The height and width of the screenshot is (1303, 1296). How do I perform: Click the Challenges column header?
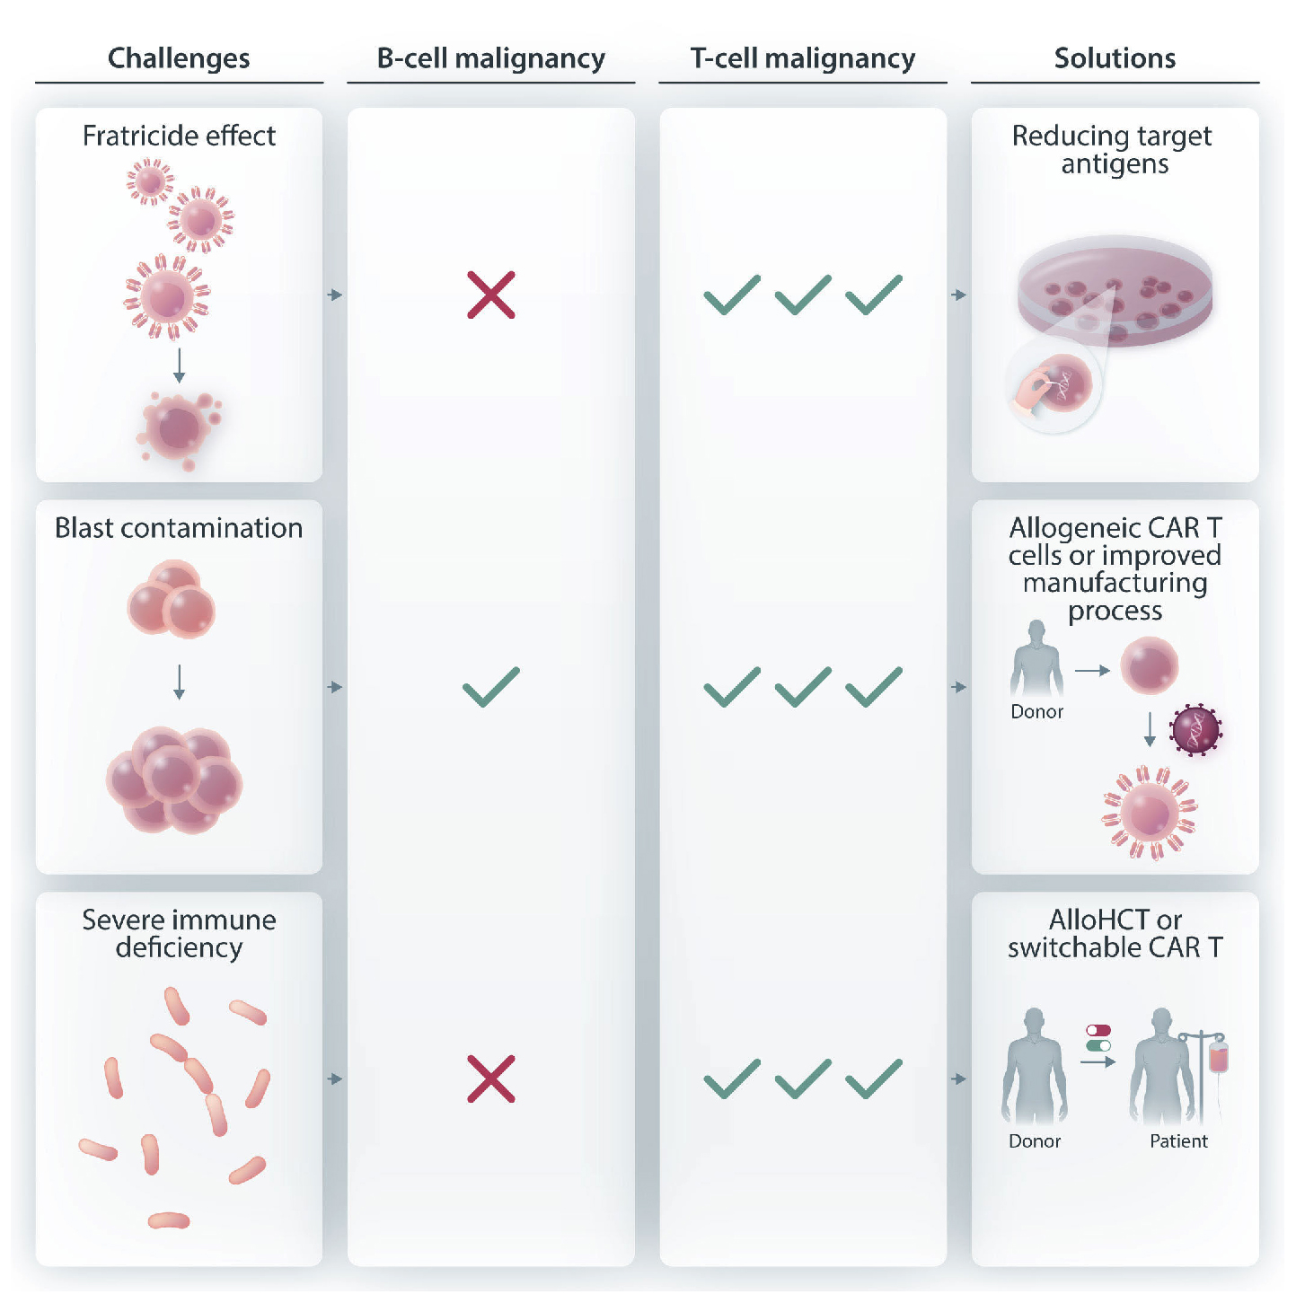pyautogui.click(x=179, y=58)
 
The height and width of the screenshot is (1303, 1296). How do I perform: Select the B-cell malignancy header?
pyautogui.click(x=490, y=58)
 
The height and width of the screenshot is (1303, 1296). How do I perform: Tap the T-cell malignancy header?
pyautogui.click(x=803, y=58)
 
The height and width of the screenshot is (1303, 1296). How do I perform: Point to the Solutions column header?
pyautogui.click(x=1115, y=58)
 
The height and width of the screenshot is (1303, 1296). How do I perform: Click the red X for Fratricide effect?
pyautogui.click(x=491, y=295)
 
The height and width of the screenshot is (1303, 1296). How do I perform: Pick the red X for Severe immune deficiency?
pyautogui.click(x=491, y=1078)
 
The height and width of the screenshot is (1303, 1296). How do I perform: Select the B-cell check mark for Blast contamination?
pyautogui.click(x=491, y=687)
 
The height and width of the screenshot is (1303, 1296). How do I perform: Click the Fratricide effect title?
pyautogui.click(x=179, y=136)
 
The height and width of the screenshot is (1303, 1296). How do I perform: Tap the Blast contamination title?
pyautogui.click(x=179, y=528)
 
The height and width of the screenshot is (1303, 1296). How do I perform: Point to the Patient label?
pyautogui.click(x=1178, y=1141)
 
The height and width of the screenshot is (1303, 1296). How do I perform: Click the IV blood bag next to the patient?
pyautogui.click(x=1218, y=1056)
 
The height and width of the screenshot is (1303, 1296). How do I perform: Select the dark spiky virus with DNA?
pyautogui.click(x=1195, y=730)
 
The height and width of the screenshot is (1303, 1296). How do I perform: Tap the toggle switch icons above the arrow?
pyautogui.click(x=1098, y=1038)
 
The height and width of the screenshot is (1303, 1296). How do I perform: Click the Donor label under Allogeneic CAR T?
pyautogui.click(x=1036, y=712)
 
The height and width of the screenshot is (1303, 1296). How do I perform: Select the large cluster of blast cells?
pyautogui.click(x=174, y=779)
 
